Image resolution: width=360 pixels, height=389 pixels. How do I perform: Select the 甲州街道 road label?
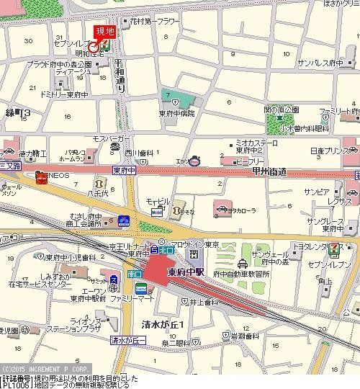(x=270, y=171)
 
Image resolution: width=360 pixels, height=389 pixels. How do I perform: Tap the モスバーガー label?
(x=110, y=137)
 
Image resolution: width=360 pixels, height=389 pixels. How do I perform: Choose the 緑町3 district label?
(x=17, y=113)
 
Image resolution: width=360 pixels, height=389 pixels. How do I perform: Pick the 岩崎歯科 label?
(x=245, y=336)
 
